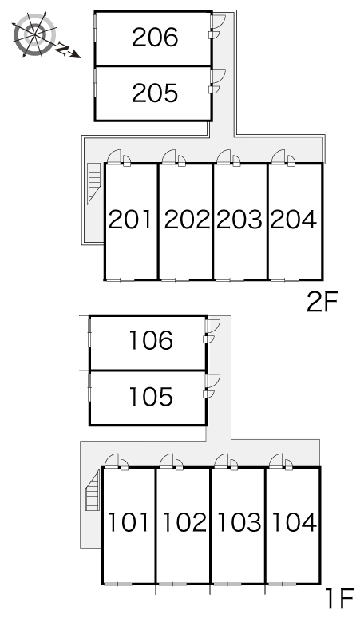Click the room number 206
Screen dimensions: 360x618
coord(155,38)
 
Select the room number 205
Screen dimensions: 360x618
coord(155,93)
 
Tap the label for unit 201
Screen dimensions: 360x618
coord(129,220)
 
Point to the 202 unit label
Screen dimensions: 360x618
coord(187,220)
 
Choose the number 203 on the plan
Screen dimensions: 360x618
coord(239,220)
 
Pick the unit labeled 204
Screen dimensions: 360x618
coord(294,220)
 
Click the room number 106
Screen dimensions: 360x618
coord(151,340)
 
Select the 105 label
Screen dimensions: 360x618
coord(151,397)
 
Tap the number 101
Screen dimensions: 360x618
coord(128,522)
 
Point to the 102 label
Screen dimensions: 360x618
coord(184,522)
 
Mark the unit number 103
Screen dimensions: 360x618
coord(239,522)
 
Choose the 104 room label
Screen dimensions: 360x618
coord(294,522)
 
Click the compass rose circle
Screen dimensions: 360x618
coord(34,34)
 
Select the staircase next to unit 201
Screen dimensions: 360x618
coord(94,184)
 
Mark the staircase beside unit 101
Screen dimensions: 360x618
coord(93,490)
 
